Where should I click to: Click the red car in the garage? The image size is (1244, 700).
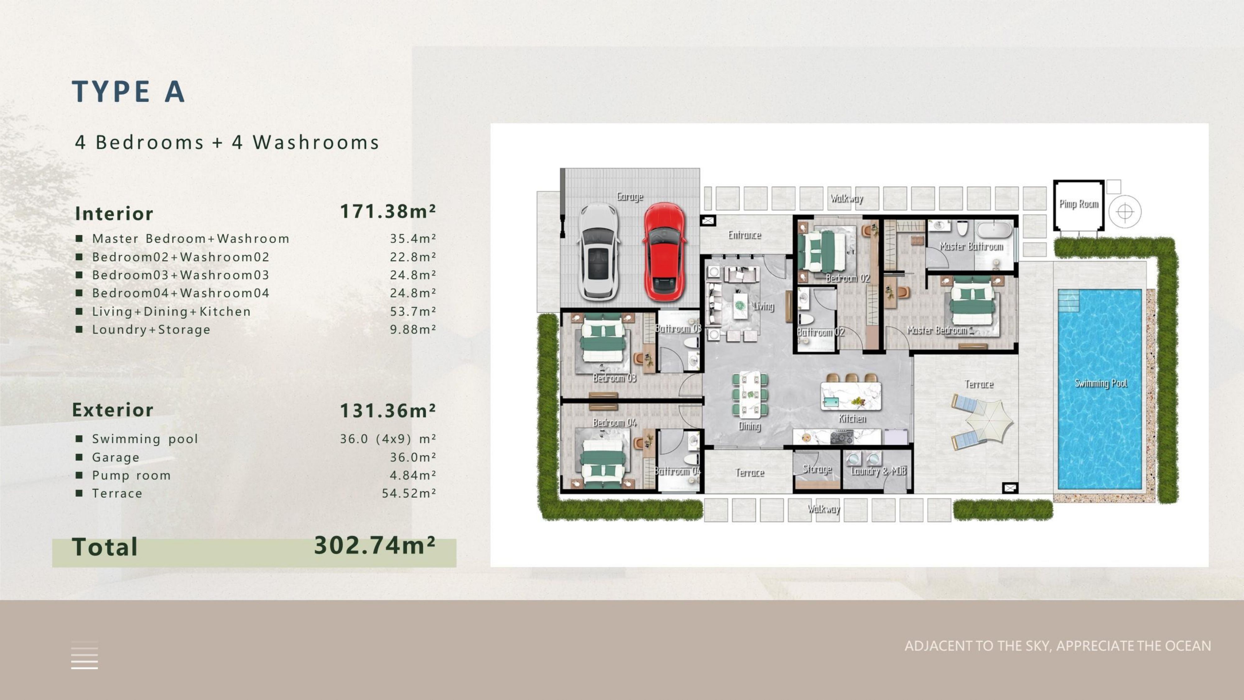click(x=665, y=252)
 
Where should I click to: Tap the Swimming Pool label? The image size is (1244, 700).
click(x=1101, y=383)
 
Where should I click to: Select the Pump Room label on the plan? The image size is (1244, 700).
click(x=1079, y=204)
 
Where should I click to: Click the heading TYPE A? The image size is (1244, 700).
click(x=128, y=91)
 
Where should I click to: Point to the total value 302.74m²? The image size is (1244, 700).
click(x=375, y=545)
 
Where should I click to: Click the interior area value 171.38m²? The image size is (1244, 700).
click(x=388, y=211)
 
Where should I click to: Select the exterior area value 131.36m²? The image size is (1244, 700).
click(x=388, y=411)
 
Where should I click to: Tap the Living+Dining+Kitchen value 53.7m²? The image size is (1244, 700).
click(x=413, y=312)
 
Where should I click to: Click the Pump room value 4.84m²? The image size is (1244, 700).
click(x=413, y=475)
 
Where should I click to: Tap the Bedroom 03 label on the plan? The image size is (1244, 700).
click(x=614, y=378)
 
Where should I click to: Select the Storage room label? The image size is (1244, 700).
click(x=817, y=469)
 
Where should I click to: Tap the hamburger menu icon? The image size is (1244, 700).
click(x=85, y=655)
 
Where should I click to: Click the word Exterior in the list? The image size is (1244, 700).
click(x=113, y=410)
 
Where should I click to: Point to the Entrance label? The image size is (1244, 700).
click(x=744, y=235)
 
